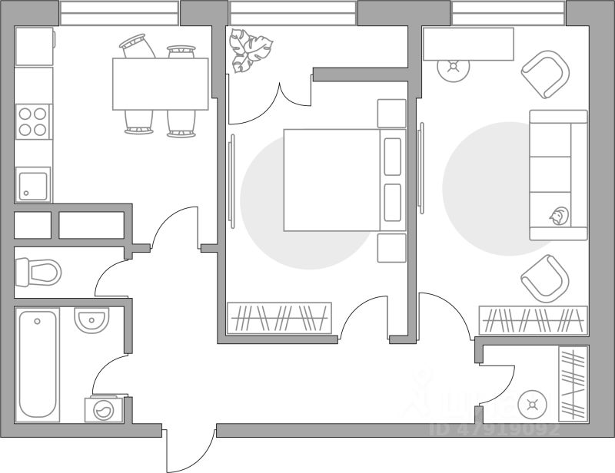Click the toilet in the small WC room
click(39, 271)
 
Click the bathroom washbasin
click(91, 319)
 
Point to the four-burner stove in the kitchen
click(33, 122)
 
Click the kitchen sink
click(33, 184)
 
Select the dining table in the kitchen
click(160, 84)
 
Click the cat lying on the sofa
click(558, 217)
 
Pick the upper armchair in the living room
click(546, 74)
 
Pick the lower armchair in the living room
click(544, 278)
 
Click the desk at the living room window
click(468, 44)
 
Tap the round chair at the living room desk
click(453, 68)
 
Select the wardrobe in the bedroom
click(279, 317)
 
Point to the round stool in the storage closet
click(531, 403)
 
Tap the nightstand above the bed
click(391, 114)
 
